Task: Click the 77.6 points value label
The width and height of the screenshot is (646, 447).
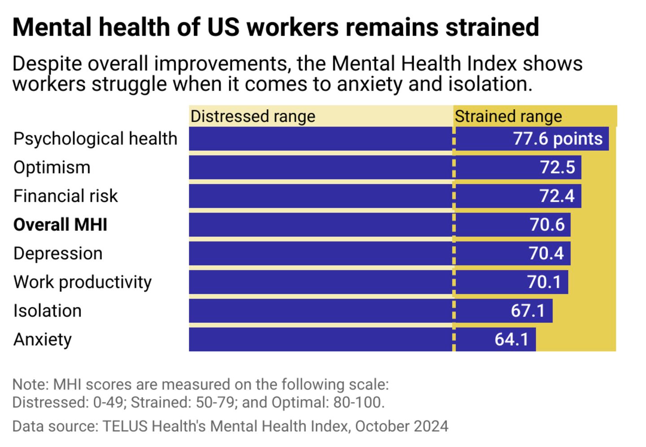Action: click(x=558, y=139)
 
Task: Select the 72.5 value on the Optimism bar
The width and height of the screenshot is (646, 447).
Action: click(x=557, y=167)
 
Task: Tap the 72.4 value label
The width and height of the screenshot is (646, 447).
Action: click(x=557, y=196)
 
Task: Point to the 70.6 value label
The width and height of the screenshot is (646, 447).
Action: click(x=547, y=225)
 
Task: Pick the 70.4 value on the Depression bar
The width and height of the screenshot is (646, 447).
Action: click(x=546, y=253)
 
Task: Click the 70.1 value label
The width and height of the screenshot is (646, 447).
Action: click(x=544, y=282)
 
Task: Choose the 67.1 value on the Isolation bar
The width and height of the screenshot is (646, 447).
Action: click(x=528, y=311)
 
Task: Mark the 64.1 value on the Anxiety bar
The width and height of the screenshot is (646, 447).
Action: click(x=511, y=339)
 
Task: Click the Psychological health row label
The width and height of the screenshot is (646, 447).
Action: click(x=95, y=139)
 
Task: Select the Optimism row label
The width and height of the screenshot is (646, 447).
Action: click(x=52, y=167)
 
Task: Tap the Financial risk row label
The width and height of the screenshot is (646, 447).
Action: click(x=65, y=196)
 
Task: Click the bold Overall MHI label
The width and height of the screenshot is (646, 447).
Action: click(x=60, y=225)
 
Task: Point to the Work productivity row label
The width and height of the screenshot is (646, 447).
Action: click(x=83, y=282)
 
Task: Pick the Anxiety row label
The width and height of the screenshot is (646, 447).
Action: click(x=42, y=339)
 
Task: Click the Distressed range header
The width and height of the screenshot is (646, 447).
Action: click(x=253, y=117)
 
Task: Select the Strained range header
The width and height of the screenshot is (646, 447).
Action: click(x=508, y=117)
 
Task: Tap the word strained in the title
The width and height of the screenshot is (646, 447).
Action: click(x=492, y=27)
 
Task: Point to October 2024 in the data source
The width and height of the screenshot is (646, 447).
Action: click(x=402, y=426)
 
